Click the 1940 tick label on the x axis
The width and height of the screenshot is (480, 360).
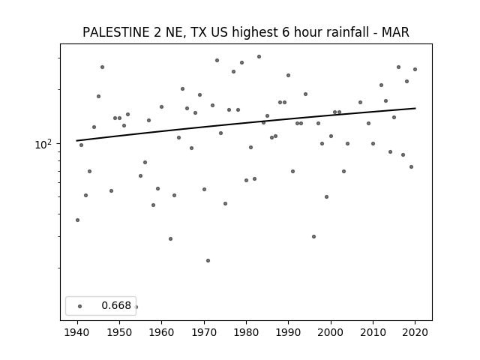(x=77, y=332)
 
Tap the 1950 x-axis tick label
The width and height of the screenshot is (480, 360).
(x=120, y=332)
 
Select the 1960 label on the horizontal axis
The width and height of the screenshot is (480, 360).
(x=162, y=332)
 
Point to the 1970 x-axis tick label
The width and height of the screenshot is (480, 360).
(x=204, y=332)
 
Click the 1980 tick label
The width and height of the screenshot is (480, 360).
(x=246, y=332)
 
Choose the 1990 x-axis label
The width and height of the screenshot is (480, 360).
(x=288, y=332)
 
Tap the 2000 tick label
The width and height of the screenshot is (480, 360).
(x=331, y=332)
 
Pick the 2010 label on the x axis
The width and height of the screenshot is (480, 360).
(x=373, y=332)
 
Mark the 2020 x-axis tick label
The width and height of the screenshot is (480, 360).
(x=415, y=332)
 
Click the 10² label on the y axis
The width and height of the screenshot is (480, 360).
(x=43, y=144)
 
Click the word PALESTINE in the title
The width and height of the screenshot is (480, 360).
(x=116, y=32)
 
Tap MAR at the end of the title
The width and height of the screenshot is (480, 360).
(x=395, y=32)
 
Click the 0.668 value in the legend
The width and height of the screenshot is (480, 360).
(x=116, y=305)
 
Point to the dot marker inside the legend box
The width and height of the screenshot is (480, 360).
(x=80, y=306)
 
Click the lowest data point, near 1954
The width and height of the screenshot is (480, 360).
(x=136, y=307)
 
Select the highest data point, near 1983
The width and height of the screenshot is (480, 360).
(x=259, y=57)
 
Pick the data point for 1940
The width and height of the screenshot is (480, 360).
(x=77, y=220)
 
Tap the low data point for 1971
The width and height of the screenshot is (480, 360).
(x=208, y=260)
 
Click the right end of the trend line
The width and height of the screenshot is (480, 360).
(x=415, y=108)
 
